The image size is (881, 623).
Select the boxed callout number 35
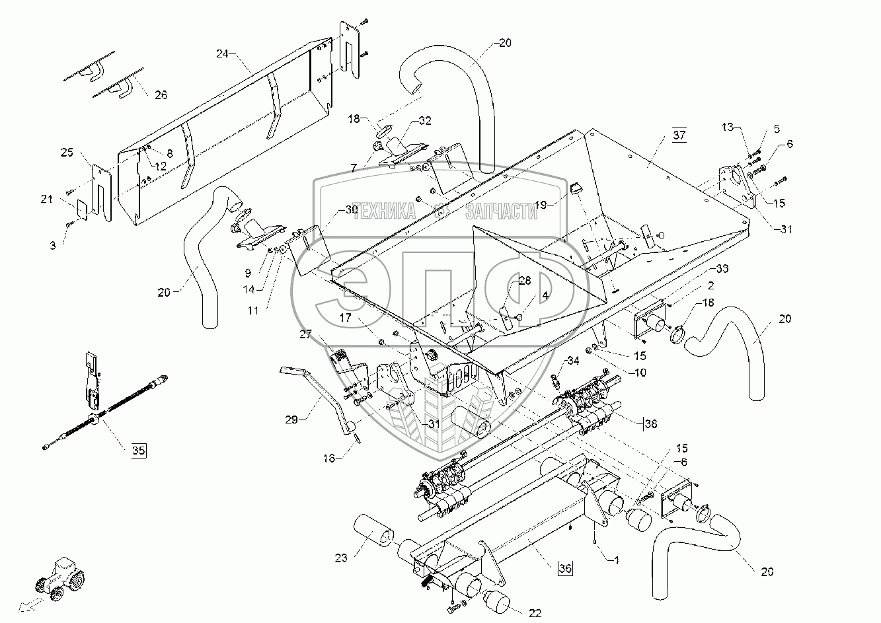[x=137, y=451]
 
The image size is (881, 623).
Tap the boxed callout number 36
[x=565, y=567]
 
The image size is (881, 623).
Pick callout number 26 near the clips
[x=161, y=95]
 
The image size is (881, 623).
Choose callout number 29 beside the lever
[x=291, y=418]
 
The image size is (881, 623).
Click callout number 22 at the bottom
[x=535, y=613]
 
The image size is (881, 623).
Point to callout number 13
[x=728, y=127]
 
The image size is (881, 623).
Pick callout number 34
[x=572, y=361]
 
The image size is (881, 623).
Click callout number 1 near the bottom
[x=616, y=560]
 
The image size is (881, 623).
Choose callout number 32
[x=424, y=121]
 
